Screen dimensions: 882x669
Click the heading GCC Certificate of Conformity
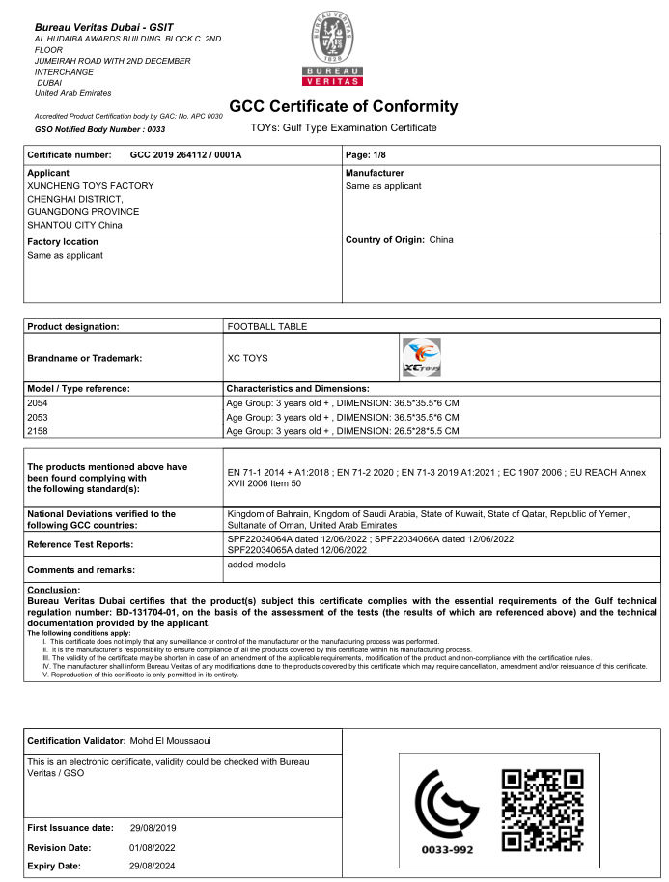pos(343,106)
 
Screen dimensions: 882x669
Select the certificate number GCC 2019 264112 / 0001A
pos(185,154)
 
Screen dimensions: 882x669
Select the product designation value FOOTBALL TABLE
pos(266,326)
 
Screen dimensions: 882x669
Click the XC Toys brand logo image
pos(420,357)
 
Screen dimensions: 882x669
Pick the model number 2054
pos(38,401)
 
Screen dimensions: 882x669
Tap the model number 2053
pos(38,416)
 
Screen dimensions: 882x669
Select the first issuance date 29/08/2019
pos(153,828)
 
